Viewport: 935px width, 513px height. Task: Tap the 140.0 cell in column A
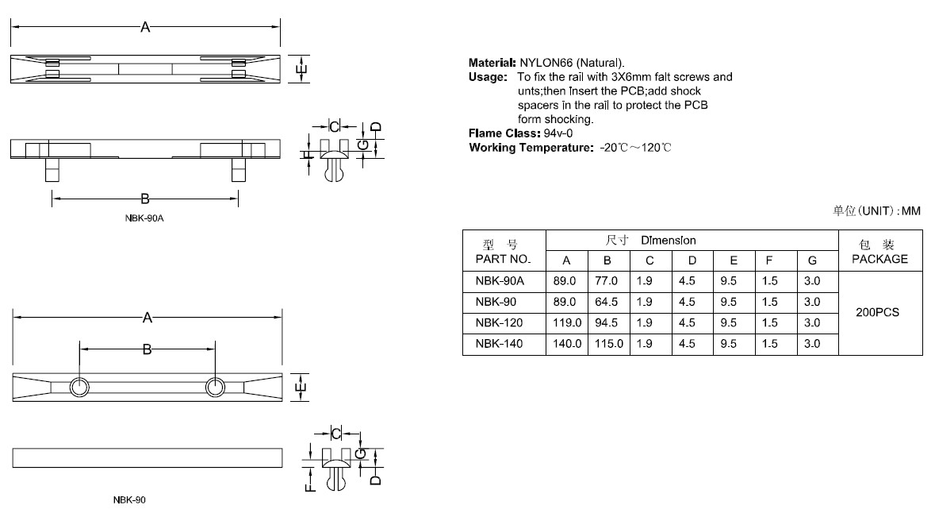coord(566,344)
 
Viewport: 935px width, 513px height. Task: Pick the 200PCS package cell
coord(878,313)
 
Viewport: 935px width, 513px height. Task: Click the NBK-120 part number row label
coord(499,323)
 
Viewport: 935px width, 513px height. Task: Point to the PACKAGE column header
coord(879,259)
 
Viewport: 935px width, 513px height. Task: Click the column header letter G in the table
coord(811,260)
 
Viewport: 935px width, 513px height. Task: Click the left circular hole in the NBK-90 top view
coord(79,387)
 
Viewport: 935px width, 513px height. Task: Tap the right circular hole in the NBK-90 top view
coord(215,387)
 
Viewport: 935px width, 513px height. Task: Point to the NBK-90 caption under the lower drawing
coord(129,500)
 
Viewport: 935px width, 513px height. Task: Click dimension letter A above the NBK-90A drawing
coord(145,28)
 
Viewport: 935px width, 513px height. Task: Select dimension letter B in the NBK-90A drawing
coord(145,199)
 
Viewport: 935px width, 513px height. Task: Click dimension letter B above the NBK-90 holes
coord(147,349)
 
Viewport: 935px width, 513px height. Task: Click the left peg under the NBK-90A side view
coord(52,171)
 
